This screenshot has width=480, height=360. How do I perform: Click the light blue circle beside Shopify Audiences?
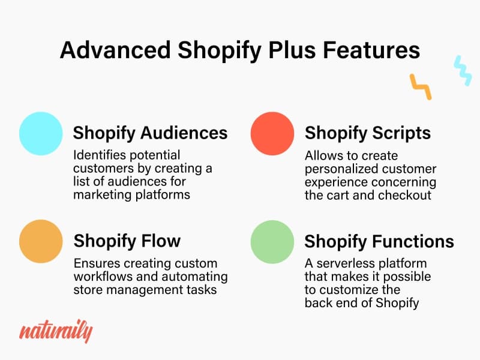(x=41, y=133)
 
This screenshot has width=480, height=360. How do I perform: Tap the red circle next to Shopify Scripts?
(x=272, y=133)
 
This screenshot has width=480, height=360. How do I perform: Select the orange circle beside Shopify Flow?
(x=41, y=241)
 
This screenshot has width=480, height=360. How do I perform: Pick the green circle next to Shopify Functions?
(x=272, y=242)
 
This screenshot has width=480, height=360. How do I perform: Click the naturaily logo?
(x=56, y=331)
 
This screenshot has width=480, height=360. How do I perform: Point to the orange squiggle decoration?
(x=421, y=86)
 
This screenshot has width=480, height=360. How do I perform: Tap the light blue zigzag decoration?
(x=463, y=70)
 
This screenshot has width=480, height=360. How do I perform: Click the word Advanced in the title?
(x=115, y=50)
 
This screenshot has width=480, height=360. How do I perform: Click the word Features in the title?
(x=371, y=50)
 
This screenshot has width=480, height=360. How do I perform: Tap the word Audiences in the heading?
(x=184, y=133)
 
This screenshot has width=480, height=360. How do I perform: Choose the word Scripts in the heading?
(x=401, y=133)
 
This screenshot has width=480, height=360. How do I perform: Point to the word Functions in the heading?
(x=413, y=241)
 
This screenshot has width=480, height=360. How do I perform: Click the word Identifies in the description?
(x=96, y=155)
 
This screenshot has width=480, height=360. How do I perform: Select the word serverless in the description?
(x=340, y=263)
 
